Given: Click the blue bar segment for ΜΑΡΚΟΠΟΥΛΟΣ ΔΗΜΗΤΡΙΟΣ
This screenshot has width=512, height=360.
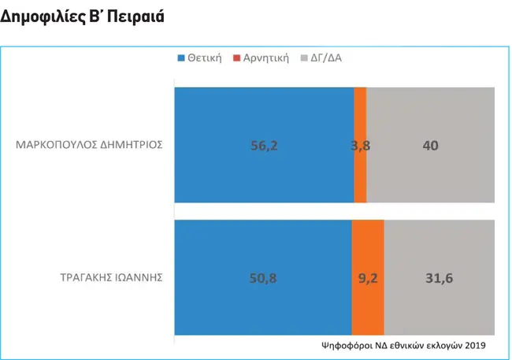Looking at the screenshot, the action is (264, 145).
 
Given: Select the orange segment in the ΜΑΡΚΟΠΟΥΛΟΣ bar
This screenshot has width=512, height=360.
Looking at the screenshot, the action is (360, 145).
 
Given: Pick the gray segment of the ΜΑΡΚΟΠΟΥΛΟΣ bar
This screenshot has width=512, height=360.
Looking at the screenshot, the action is (430, 145).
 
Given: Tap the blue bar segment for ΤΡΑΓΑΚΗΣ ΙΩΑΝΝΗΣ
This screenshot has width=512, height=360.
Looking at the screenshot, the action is (263, 277).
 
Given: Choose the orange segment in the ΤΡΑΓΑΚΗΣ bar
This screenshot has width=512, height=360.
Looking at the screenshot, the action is (368, 277).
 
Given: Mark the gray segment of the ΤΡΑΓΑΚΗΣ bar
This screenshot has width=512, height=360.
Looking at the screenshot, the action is (440, 277).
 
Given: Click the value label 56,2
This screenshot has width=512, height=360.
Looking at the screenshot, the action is (264, 146).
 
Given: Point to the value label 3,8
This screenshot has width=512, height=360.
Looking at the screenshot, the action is (361, 146).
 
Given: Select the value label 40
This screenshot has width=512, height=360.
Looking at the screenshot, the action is (430, 146).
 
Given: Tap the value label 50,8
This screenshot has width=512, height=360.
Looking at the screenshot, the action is (263, 278).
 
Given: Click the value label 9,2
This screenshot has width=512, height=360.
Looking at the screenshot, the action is (368, 278).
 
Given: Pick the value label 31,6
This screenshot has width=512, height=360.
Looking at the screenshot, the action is (440, 278).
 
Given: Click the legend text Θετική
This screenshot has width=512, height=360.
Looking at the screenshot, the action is (205, 58).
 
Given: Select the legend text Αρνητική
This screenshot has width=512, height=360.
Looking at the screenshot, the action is (266, 58).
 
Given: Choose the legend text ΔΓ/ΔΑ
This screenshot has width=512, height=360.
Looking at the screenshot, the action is (326, 58).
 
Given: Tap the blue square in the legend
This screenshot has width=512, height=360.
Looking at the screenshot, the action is (181, 58).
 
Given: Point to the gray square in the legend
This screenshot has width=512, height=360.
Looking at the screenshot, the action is (304, 58).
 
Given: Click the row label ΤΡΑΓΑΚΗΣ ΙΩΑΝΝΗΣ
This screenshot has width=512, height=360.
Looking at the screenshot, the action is (111, 277).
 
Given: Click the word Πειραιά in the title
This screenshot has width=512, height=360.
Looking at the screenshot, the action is (135, 17).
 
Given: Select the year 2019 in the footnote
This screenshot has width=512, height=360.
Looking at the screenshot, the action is (475, 345).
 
